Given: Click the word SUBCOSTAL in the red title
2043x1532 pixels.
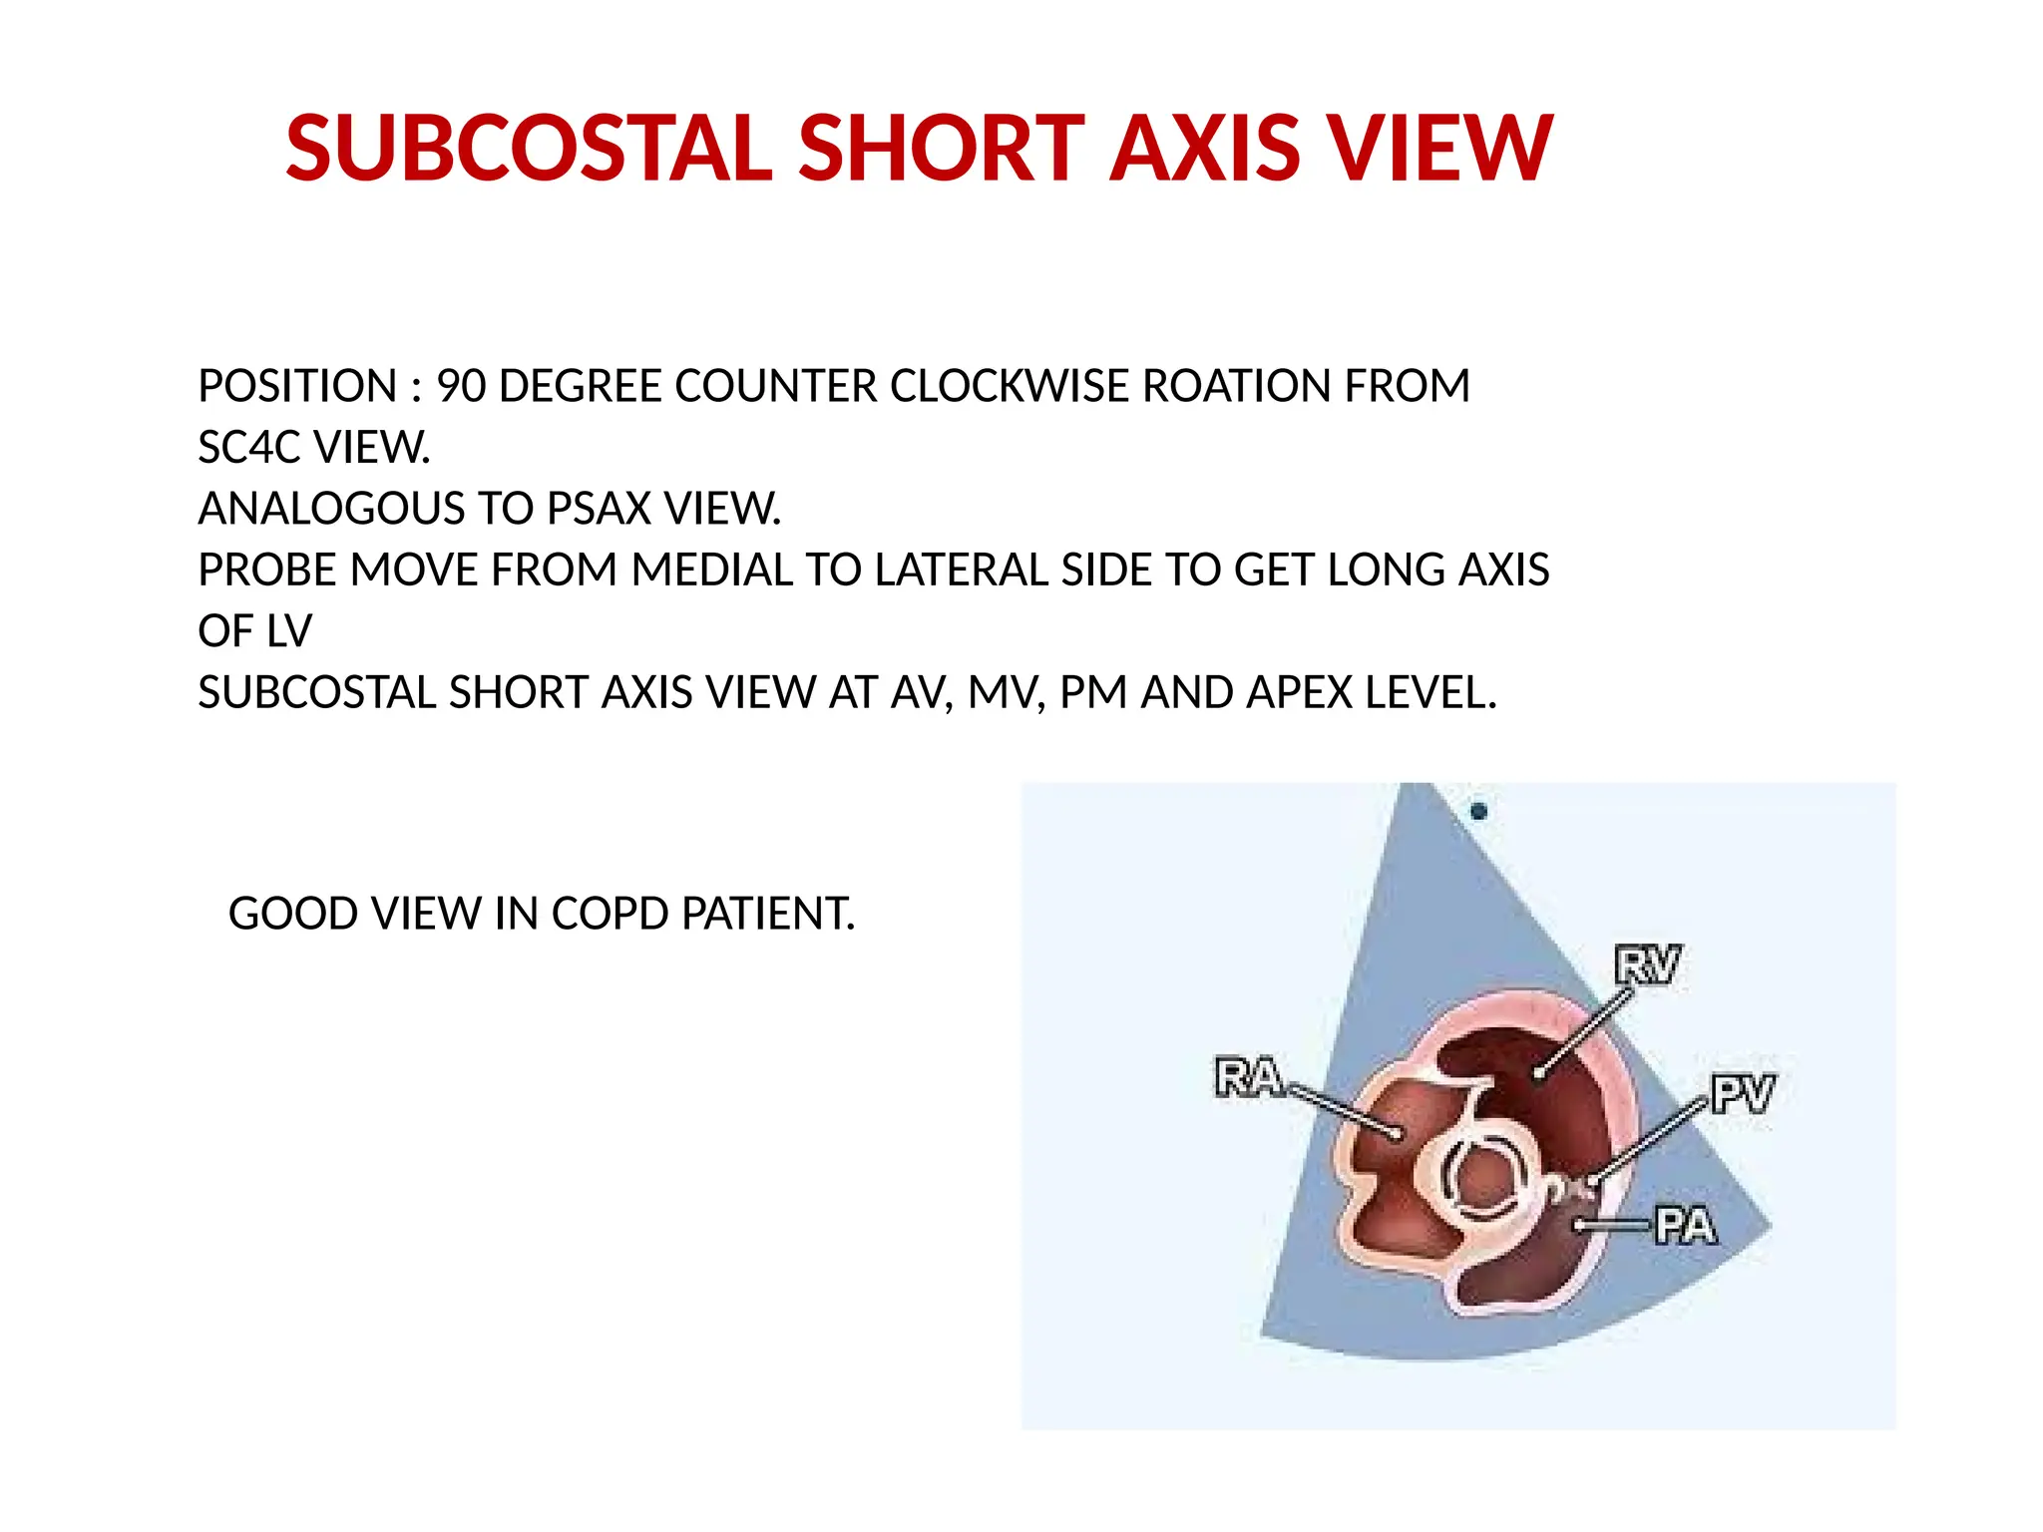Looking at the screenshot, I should coord(529,149).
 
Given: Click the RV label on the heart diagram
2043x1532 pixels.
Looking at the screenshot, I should coord(1647,965).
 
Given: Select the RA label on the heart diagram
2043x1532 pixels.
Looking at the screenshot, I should coord(1249,1078).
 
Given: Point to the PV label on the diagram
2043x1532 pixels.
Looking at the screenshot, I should coord(1742,1094).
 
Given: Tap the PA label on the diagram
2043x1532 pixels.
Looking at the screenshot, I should coord(1685,1226).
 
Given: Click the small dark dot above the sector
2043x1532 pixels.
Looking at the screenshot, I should coord(1478,811).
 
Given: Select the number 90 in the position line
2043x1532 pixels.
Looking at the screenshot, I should coord(461,387).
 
